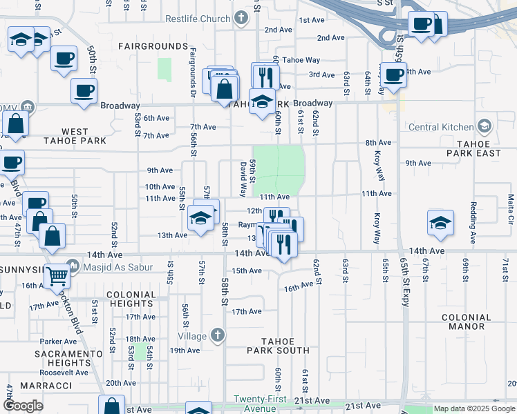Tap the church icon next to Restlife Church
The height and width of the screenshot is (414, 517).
241,18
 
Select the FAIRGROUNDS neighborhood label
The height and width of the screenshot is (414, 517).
153,46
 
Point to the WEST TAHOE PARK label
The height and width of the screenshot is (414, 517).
75,136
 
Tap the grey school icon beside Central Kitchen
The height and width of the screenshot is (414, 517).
485,126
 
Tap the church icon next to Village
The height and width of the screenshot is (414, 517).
217,336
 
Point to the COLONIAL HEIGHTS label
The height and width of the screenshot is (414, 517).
131,299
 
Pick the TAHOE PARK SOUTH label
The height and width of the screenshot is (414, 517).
279,346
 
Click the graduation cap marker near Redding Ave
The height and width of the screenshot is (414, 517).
438,224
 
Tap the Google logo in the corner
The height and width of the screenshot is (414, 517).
23,406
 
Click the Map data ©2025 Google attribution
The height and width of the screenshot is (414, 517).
473,409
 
